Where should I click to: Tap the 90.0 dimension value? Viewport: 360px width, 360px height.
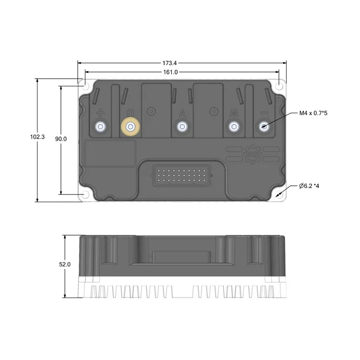[60, 139]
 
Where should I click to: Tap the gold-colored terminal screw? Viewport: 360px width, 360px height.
[130, 127]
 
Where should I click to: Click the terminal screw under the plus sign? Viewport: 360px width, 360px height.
[100, 127]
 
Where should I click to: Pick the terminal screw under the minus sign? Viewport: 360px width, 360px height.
[264, 127]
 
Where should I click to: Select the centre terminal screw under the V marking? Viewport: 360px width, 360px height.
[181, 127]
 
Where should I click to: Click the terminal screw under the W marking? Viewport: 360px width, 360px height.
[233, 127]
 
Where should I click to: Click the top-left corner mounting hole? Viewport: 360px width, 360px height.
[85, 87]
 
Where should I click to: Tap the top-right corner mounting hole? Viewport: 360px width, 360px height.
[279, 87]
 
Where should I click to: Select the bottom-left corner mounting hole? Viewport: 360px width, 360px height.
[85, 194]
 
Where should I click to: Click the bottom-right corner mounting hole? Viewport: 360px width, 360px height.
[279, 194]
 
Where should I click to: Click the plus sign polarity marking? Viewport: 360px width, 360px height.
[100, 113]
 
